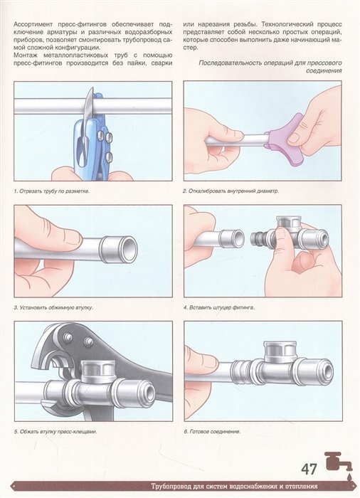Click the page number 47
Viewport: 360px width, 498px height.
[x=309, y=470]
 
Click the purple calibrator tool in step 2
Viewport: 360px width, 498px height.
[x=286, y=134]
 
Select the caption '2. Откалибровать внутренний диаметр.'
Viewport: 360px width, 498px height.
[x=231, y=191]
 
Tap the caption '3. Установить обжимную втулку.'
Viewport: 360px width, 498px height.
[x=53, y=307]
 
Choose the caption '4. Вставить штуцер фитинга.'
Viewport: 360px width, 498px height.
[x=219, y=307]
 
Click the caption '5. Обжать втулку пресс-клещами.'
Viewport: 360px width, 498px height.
[x=55, y=432]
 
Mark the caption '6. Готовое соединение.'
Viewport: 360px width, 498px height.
[x=212, y=432]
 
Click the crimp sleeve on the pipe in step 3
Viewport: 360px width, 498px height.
[x=119, y=249]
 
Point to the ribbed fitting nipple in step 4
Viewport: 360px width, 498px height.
[x=258, y=239]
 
